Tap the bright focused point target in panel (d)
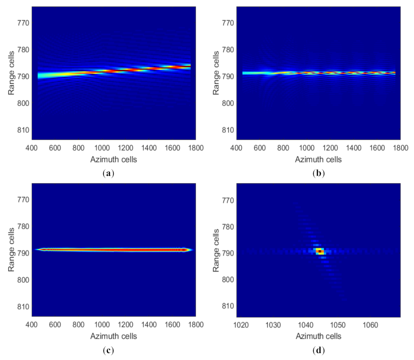tap(320, 252)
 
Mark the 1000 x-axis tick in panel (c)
tap(102, 325)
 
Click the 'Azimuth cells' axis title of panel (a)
tap(114, 160)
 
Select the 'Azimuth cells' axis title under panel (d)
tap(318, 336)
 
